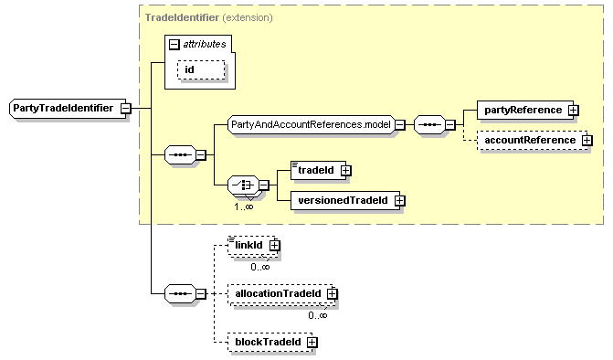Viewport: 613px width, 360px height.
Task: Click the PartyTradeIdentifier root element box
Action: point(63,109)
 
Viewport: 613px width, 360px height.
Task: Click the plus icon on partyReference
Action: point(573,110)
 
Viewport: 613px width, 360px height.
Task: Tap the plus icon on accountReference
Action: point(587,140)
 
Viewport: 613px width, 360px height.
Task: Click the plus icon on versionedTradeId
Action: point(398,200)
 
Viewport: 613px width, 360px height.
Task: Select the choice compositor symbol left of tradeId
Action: point(242,185)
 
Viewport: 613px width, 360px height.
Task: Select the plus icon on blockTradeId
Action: point(312,342)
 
